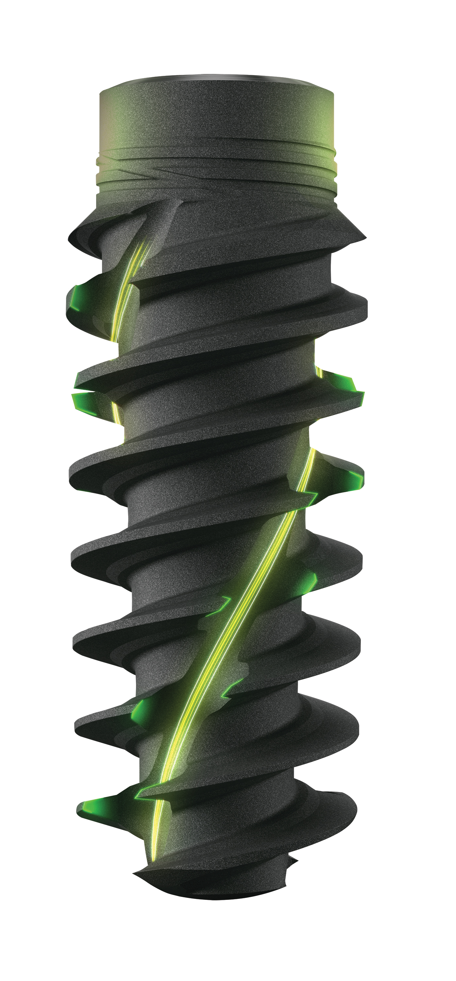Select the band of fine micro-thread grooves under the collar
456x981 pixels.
click(x=217, y=171)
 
